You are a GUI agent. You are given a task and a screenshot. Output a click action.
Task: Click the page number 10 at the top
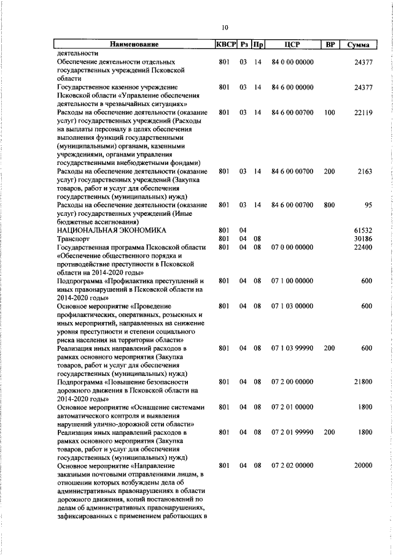coord(225,27)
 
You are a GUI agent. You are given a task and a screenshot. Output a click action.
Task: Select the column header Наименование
coord(134,45)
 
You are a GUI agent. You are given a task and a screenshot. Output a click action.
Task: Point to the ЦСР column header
coord(292,45)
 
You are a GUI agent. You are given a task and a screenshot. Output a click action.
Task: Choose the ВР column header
coord(330,45)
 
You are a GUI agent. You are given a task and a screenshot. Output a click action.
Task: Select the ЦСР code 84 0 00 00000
coord(292,63)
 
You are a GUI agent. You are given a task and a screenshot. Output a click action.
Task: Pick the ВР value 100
coord(330,113)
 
